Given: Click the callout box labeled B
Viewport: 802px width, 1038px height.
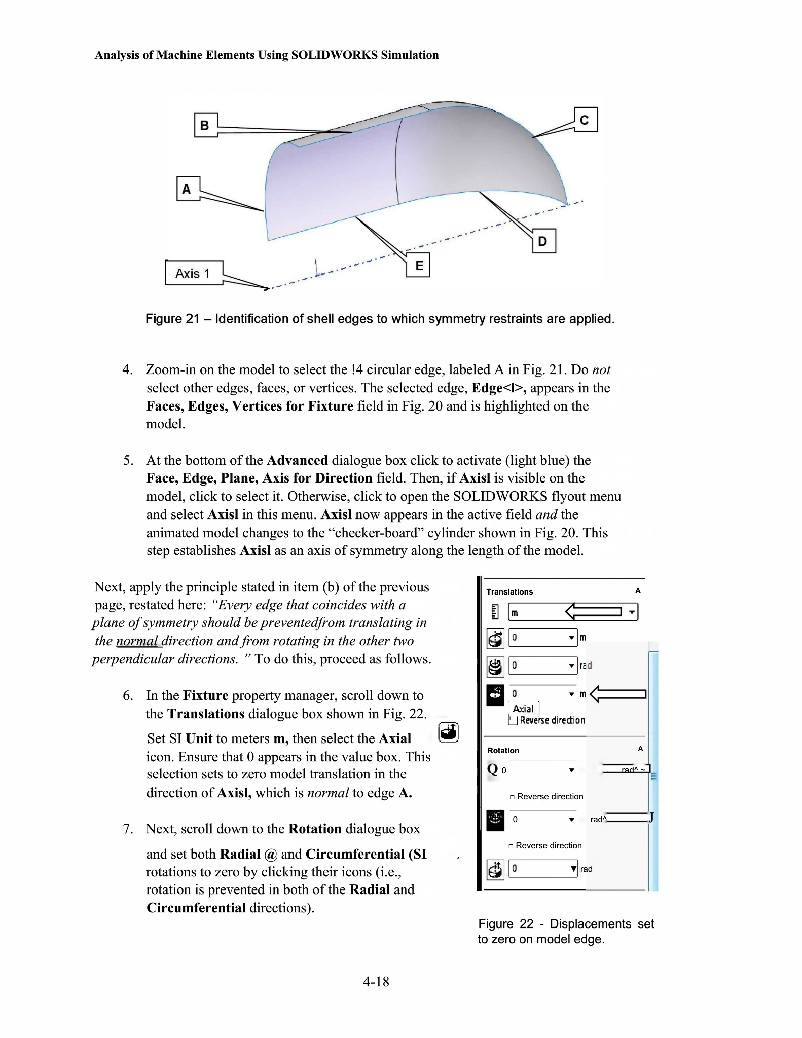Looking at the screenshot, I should [205, 125].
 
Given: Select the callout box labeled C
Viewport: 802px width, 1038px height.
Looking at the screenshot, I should [586, 120].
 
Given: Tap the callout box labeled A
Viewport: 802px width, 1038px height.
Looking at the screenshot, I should [188, 189].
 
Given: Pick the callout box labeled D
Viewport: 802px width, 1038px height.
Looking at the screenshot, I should [543, 241].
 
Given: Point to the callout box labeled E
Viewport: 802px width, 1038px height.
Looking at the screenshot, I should [419, 265].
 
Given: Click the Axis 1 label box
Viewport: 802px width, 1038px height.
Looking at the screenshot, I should [193, 273].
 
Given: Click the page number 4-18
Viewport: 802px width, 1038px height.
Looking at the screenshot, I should [376, 982].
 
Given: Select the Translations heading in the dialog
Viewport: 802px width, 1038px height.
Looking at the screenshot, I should [509, 591].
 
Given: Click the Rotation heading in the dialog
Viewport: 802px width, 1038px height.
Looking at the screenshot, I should [503, 750].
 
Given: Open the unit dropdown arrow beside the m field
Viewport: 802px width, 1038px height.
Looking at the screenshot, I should [632, 612].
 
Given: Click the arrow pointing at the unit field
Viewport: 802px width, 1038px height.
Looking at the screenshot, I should [593, 611].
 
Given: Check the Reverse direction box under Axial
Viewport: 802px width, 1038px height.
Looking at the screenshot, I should [513, 720].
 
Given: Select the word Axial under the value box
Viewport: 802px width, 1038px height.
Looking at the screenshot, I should [523, 709].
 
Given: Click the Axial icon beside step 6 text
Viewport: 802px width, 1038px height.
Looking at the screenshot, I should [448, 732].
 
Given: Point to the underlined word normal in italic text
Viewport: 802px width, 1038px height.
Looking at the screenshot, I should [137, 641].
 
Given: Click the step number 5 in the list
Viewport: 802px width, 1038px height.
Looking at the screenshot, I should [128, 460].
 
